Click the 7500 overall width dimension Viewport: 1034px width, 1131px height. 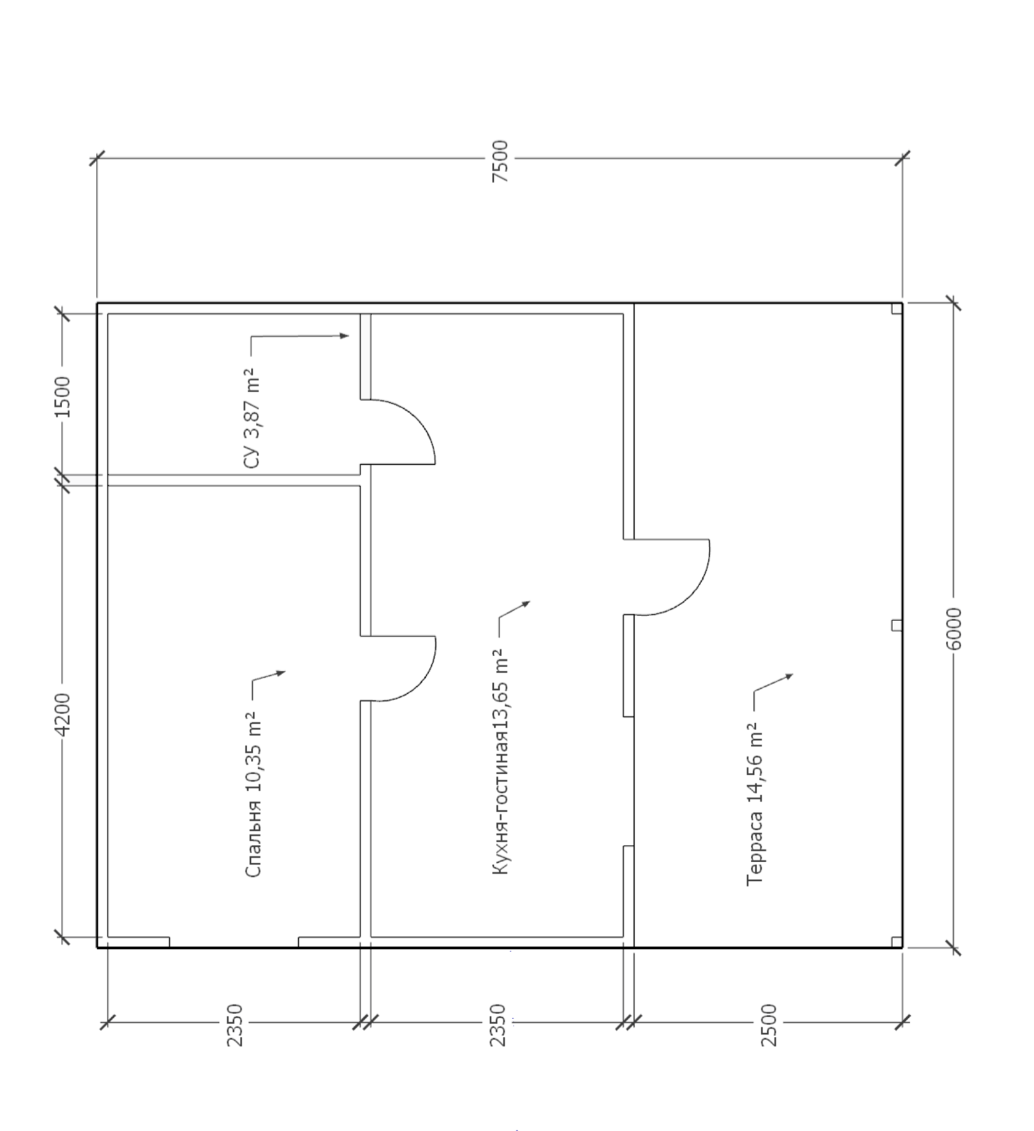point(501,161)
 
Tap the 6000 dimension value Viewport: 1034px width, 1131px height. point(953,628)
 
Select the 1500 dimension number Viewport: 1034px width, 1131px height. point(63,396)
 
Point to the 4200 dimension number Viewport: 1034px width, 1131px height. point(63,714)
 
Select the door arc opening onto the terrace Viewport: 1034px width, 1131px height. point(690,596)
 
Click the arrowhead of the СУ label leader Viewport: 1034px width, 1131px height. point(344,335)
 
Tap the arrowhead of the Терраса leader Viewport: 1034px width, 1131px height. point(789,676)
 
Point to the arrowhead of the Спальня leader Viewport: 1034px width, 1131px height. point(280,673)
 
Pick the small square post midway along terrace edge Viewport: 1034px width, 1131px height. point(897,625)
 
